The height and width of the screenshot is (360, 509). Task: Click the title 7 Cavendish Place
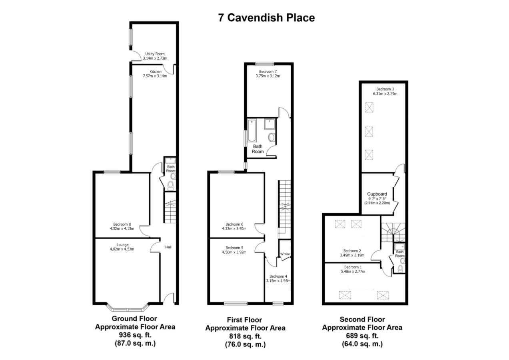266,18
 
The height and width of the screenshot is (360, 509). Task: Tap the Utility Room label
155,54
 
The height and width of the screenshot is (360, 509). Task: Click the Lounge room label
122,245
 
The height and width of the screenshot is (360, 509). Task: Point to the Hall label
168,248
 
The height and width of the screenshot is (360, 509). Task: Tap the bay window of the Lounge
128,309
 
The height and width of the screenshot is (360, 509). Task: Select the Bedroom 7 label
267,72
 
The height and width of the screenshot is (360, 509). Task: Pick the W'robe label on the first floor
285,254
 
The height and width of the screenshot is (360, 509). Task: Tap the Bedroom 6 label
234,224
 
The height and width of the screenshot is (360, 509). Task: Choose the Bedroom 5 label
234,247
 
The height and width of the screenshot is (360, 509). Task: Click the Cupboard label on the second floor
377,194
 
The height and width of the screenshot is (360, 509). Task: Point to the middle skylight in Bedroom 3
369,131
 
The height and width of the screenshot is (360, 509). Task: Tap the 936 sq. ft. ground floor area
135,335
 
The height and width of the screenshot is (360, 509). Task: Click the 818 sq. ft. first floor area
245,336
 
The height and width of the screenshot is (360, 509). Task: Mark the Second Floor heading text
362,319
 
